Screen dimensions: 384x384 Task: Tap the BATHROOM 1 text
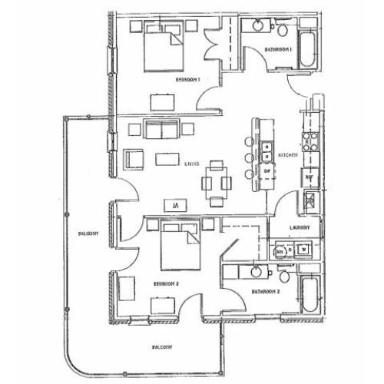(278, 49)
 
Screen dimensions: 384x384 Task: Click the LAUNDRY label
(300, 227)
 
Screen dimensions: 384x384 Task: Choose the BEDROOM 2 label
(166, 283)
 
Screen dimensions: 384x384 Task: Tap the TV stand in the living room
(176, 205)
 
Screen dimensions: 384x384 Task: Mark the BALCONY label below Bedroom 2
(161, 346)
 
